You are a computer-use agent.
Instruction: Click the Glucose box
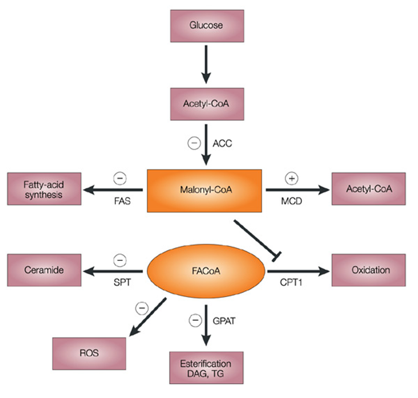pos(207,26)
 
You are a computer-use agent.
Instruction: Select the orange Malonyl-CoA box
pos(205,191)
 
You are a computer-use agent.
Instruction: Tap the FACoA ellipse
pos(206,271)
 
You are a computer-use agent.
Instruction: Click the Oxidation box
pos(369,270)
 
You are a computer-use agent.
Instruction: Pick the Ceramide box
pos(44,270)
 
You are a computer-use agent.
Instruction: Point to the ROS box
pos(89,353)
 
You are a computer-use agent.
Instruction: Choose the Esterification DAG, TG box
pos(206,368)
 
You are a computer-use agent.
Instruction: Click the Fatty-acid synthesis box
pos(44,189)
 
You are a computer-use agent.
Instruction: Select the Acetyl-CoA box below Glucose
pos(207,104)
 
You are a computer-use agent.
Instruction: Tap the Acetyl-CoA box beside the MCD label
pos(369,189)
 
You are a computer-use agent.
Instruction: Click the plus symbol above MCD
pos(291,178)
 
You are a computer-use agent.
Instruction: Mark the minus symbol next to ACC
pos(194,143)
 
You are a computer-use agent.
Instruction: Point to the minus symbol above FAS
pos(120,178)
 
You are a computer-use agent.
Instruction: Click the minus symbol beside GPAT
pos(195,320)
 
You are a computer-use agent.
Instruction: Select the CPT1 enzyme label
pos(291,282)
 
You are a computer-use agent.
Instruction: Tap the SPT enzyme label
pos(122,282)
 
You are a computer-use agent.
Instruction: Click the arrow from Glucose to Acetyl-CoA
pos(206,64)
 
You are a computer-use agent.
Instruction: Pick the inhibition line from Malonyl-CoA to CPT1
pos(257,240)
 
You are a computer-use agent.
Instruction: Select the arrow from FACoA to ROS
pos(148,317)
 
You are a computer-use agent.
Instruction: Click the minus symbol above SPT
pos(120,260)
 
